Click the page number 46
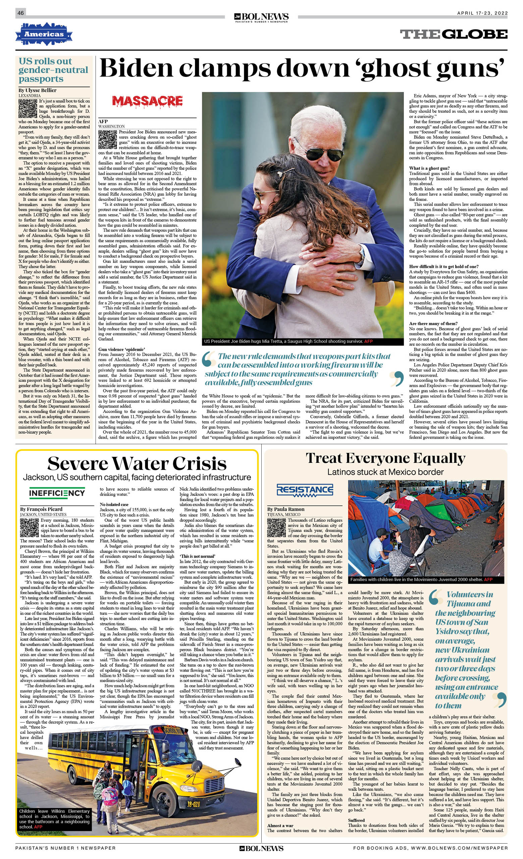(x=20, y=13)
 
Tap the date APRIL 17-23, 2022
(x=482, y=13)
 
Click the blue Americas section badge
(x=44, y=34)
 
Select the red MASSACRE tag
(x=147, y=101)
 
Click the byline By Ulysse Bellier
(x=37, y=90)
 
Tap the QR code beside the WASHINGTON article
(x=107, y=140)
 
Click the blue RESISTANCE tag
(x=305, y=490)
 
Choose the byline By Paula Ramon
(x=286, y=509)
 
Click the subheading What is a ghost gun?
(x=429, y=168)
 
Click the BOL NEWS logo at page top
(x=261, y=17)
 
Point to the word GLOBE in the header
(x=476, y=34)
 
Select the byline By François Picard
(x=41, y=509)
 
